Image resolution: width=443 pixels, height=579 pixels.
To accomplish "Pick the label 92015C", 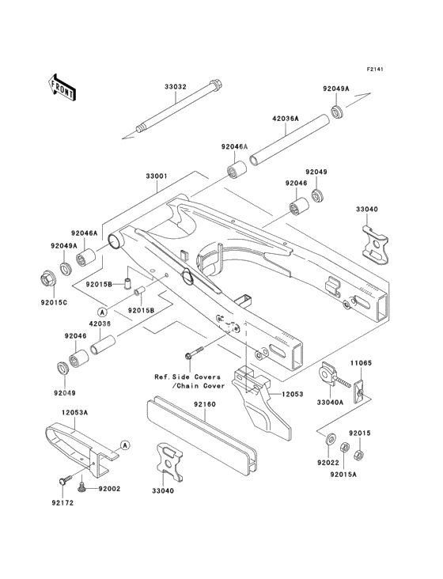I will point(53,301).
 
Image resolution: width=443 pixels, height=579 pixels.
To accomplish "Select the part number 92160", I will point(205,403).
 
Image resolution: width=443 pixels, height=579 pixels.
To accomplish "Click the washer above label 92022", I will point(329,438).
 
